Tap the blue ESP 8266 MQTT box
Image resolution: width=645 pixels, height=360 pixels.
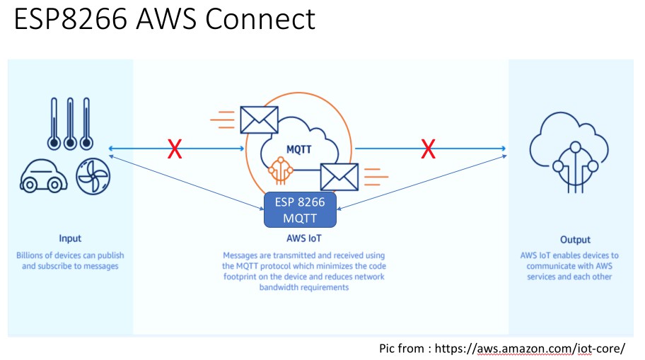point(300,210)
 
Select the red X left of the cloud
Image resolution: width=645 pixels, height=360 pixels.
point(174,149)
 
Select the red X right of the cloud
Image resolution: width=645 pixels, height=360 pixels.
point(428,149)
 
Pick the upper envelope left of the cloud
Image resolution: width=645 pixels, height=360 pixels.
point(259,120)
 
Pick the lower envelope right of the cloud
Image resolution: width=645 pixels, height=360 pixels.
point(339,177)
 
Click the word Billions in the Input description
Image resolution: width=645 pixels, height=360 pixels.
point(32,255)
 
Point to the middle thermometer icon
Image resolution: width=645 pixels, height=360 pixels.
point(69,122)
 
